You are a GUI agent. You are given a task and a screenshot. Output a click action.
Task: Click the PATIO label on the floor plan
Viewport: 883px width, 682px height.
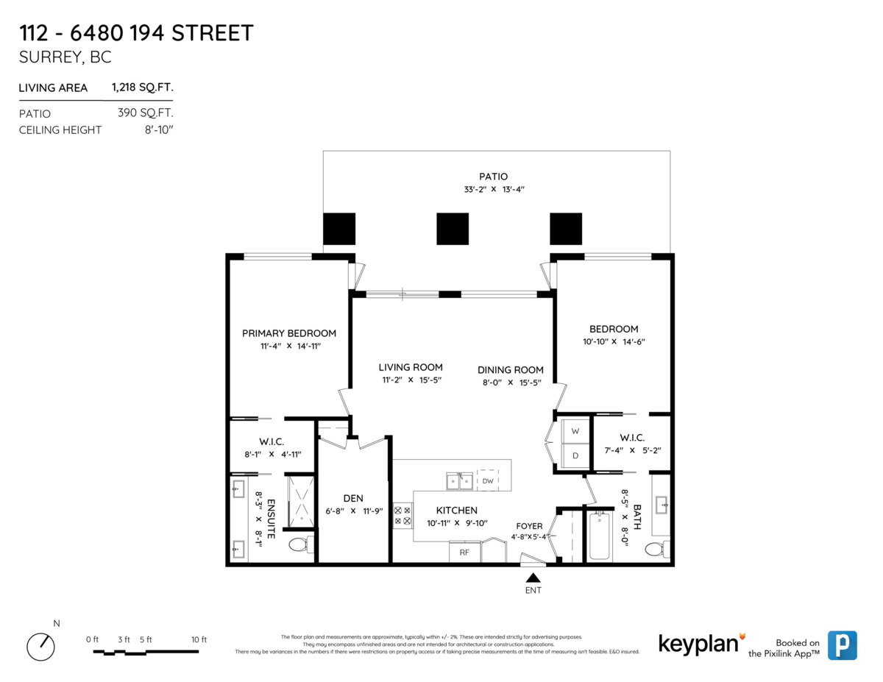tap(493, 177)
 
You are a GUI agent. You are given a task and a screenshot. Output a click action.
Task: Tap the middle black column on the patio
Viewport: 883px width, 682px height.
tap(453, 229)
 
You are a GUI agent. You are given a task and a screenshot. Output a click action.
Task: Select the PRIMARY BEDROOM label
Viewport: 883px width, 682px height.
tap(289, 333)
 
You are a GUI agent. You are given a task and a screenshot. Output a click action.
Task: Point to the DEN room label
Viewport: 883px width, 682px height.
tap(353, 498)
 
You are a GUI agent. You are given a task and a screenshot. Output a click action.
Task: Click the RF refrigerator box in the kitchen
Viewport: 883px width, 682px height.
tap(464, 552)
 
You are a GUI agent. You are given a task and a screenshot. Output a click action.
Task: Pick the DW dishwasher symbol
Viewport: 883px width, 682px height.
tap(488, 480)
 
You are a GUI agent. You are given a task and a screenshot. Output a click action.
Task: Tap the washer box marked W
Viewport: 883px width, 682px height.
tap(575, 431)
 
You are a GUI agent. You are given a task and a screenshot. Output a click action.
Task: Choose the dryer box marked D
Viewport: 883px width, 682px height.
tap(575, 455)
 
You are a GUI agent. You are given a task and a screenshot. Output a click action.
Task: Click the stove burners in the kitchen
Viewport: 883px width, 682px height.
tap(403, 516)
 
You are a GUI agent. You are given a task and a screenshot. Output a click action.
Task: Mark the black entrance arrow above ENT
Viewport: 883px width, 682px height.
tap(533, 578)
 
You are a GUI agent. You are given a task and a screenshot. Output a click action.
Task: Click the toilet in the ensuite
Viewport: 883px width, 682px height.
tap(301, 544)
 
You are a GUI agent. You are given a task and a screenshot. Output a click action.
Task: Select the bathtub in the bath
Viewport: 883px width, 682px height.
tap(600, 536)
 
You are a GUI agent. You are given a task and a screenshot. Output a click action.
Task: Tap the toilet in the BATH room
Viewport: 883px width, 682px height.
tap(657, 549)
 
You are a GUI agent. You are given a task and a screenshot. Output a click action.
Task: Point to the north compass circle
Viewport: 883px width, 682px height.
tap(40, 647)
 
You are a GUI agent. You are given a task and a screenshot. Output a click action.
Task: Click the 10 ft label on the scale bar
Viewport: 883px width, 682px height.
tap(199, 639)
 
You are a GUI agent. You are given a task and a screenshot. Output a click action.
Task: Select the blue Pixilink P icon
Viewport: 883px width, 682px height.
tap(843, 645)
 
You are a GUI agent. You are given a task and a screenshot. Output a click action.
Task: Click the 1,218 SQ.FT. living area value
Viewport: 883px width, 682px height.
tap(143, 88)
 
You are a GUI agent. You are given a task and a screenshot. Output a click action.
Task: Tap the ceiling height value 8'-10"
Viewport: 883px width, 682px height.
tap(159, 129)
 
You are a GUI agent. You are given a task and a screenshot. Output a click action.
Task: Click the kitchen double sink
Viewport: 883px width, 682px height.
tap(459, 481)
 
